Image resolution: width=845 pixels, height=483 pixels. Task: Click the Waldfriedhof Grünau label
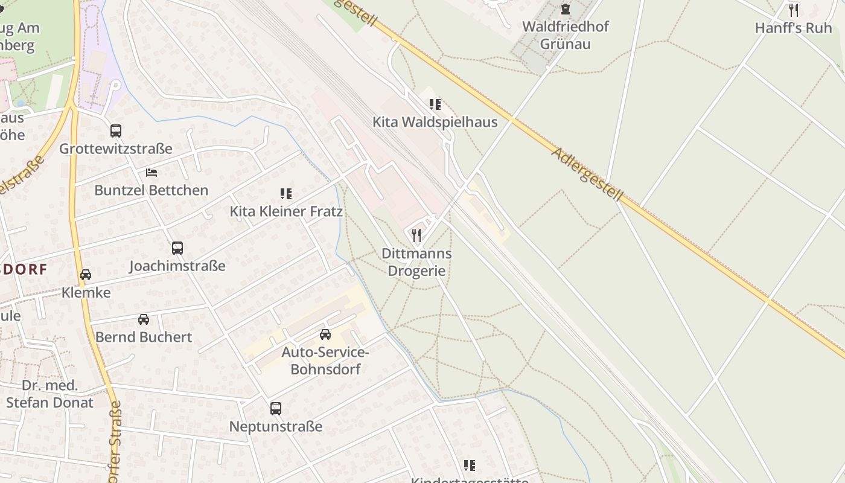coord(565,35)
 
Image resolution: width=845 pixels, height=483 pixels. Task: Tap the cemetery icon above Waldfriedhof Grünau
coord(565,9)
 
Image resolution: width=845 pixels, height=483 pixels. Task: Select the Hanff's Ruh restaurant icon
coord(794,10)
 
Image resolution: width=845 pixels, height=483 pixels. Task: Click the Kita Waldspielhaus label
coord(435,122)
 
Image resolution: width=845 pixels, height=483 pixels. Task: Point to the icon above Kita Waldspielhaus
coord(435,104)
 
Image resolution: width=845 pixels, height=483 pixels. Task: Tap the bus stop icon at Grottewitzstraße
coord(116,131)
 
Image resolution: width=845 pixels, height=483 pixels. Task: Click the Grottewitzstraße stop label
coord(116,149)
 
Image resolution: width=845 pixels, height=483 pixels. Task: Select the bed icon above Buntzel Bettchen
coord(151,173)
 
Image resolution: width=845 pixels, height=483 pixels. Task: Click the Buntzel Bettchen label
coord(151,190)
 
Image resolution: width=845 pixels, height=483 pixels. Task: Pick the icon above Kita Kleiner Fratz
coord(286,194)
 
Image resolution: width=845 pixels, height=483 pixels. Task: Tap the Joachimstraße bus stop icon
coord(177,248)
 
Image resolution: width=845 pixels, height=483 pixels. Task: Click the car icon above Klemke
coord(86,275)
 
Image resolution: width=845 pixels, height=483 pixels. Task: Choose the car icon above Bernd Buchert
coord(144,319)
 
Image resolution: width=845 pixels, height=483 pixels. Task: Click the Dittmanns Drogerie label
coord(416,262)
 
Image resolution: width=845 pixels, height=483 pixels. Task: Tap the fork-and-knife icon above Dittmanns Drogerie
coord(416,235)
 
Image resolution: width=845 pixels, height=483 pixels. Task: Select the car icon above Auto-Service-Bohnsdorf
coord(325,334)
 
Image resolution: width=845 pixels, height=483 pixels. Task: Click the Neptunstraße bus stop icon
coord(276,409)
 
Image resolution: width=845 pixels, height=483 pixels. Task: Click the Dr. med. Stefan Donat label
coord(50,394)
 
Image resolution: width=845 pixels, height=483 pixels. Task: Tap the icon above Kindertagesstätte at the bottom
coord(470,465)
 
